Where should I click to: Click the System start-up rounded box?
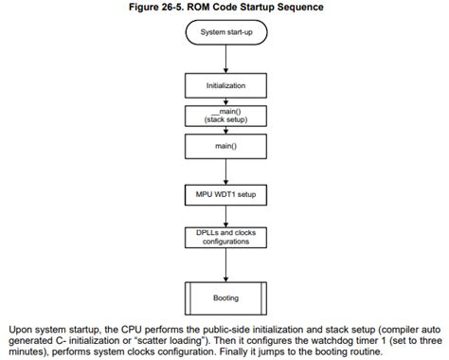225,34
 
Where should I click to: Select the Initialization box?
225,85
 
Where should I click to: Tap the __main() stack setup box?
225,117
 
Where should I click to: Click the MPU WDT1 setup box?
225,196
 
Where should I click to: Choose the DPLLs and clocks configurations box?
225,237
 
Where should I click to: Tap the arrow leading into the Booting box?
225,268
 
